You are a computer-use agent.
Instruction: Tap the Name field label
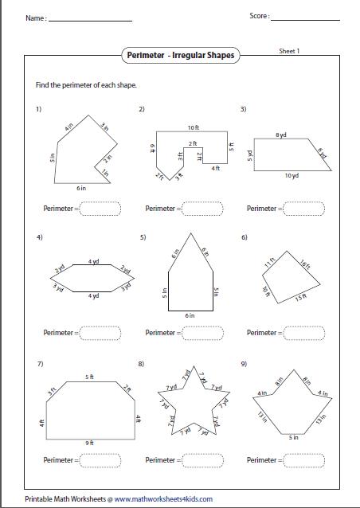click(x=35, y=18)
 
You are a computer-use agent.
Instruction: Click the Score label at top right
click(x=260, y=16)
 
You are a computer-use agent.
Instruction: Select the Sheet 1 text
click(x=288, y=50)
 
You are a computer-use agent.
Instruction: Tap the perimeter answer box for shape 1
click(x=99, y=209)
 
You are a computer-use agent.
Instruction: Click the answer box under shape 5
click(x=200, y=332)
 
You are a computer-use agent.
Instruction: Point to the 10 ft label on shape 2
click(x=193, y=127)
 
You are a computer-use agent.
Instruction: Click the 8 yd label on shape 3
click(x=280, y=136)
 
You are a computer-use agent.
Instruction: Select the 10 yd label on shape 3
click(x=292, y=175)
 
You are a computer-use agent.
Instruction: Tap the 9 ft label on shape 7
click(x=91, y=442)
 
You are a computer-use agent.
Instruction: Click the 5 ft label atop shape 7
click(x=89, y=377)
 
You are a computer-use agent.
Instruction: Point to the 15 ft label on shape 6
click(x=300, y=298)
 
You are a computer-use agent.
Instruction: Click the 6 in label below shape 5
click(x=190, y=315)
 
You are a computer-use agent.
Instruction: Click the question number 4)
click(x=38, y=237)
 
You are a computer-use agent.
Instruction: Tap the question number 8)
click(x=141, y=364)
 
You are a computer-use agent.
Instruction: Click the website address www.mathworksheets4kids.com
click(x=163, y=499)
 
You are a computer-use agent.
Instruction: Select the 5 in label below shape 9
click(x=293, y=436)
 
